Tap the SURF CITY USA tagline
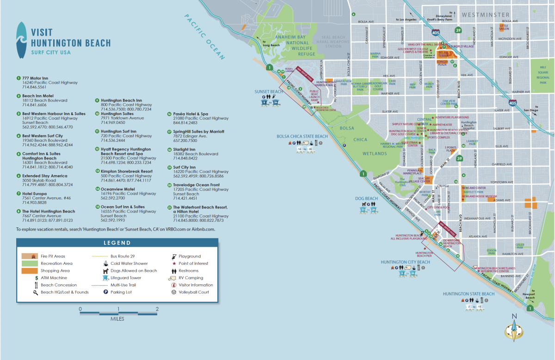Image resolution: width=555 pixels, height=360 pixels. coord(51,52)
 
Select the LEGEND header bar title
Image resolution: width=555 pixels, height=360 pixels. coord(117,243)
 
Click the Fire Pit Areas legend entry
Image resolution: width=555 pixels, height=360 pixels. coord(53,256)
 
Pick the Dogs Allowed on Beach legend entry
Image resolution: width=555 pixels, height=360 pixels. coord(130,271)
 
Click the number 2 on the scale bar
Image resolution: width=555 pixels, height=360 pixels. coord(157,309)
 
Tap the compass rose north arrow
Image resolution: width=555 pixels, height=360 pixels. coord(513,329)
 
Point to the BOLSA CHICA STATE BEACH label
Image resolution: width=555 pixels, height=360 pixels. coord(302,136)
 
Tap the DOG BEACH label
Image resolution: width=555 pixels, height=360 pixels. coord(366,199)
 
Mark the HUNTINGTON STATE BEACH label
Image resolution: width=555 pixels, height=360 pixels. coord(469,294)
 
